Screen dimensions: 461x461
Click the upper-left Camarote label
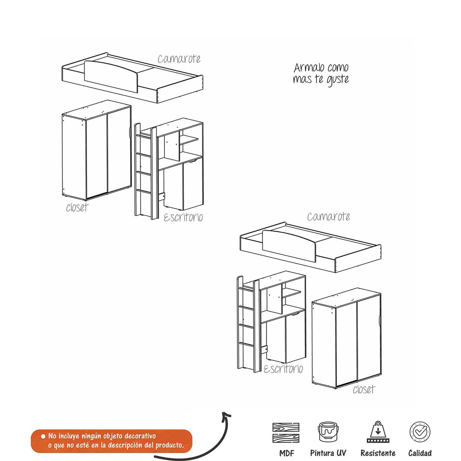[x=179, y=59]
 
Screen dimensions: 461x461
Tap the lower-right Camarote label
[x=328, y=216]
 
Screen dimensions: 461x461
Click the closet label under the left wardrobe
[x=77, y=207]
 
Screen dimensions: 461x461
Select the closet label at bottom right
[x=363, y=389]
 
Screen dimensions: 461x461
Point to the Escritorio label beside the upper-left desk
[x=183, y=217]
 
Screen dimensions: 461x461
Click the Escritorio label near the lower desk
[x=283, y=369]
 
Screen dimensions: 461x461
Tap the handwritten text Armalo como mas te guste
[x=321, y=73]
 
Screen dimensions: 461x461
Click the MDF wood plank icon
[x=286, y=433]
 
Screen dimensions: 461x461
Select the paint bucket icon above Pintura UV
[x=328, y=432]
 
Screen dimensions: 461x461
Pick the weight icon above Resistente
[x=377, y=432]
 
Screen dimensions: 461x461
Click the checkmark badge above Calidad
[x=420, y=432]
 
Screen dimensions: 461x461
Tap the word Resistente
[x=377, y=453]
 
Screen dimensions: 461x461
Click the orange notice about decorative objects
[x=112, y=441]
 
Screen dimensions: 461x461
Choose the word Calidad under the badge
[x=420, y=453]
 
